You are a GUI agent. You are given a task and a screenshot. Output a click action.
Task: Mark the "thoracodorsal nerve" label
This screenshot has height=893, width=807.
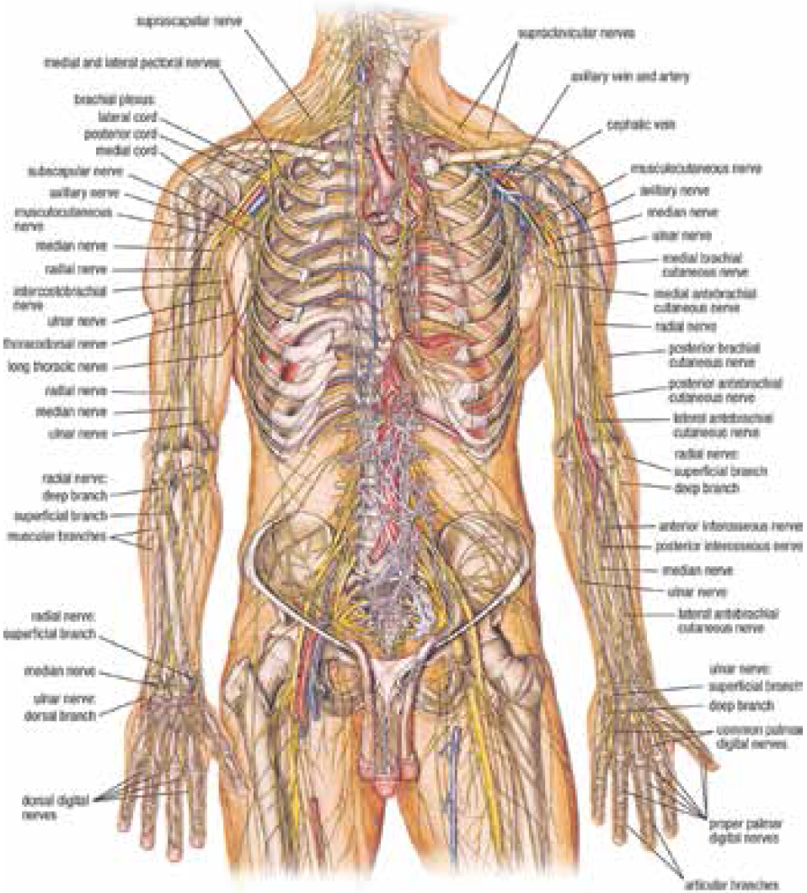[x=57, y=344]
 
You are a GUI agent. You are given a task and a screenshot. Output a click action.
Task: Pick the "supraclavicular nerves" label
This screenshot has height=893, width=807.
[x=576, y=33]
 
